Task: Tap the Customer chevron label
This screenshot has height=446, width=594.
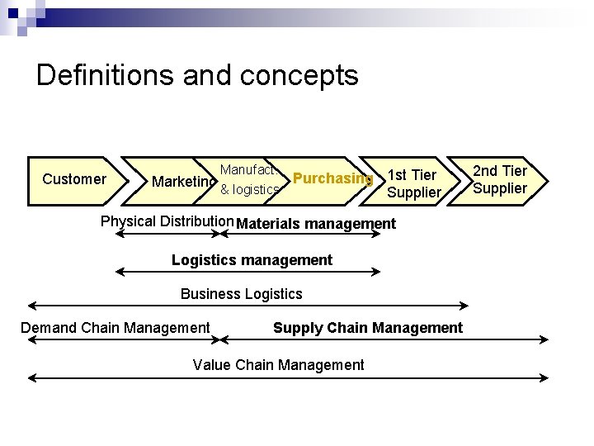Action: point(74,179)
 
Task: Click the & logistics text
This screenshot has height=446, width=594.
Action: point(250,190)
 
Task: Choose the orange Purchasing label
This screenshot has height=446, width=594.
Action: point(332,178)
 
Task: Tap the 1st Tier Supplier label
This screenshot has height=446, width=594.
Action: point(413,183)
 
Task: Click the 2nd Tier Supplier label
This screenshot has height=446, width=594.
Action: point(500,180)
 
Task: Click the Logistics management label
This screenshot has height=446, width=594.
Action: point(252,260)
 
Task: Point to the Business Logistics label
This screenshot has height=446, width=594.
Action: point(242,294)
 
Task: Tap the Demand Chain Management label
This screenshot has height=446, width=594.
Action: point(115,328)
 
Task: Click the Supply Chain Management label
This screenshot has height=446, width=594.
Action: point(368,328)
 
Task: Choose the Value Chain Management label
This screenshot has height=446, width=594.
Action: point(278,365)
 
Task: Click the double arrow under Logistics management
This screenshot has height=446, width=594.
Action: point(247,271)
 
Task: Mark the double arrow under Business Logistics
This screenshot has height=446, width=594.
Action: point(247,306)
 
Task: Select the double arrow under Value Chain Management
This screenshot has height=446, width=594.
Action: point(288,378)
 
